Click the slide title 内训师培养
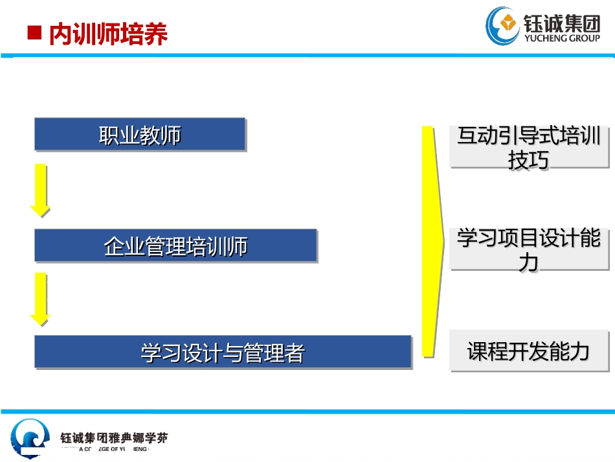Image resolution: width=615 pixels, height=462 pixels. [108, 34]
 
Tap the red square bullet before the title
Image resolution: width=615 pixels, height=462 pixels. [34, 33]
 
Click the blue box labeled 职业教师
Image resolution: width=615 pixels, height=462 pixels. [140, 135]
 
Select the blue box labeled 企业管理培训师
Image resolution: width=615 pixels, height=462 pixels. [175, 246]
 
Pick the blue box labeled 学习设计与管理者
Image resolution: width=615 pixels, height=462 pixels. [223, 352]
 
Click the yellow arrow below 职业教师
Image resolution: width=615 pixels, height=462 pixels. [40, 189]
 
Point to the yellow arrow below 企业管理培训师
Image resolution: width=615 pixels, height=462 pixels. [40, 298]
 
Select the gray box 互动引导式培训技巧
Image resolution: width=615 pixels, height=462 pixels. [529, 147]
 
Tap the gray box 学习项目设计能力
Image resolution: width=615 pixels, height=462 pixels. [529, 249]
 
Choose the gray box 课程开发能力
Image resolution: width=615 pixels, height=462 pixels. [529, 351]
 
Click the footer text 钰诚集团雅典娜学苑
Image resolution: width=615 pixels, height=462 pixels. [114, 438]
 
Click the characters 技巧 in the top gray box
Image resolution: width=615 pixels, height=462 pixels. [529, 159]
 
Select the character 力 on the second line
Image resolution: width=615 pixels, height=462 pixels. [529, 262]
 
